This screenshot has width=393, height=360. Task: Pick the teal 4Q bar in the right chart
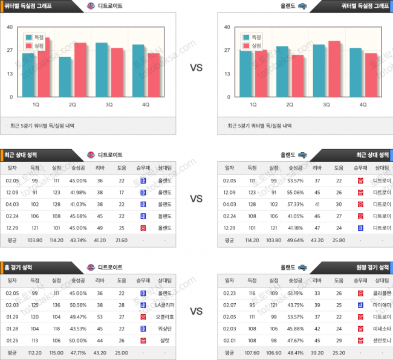pyautogui.click(x=356, y=72)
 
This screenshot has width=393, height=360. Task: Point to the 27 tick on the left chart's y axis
pyautogui.click(x=9, y=50)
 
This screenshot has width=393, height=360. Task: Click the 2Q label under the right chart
pyautogui.click(x=290, y=104)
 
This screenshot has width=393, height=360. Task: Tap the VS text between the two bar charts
pyautogui.click(x=197, y=68)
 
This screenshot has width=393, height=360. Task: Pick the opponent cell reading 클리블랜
pyautogui.click(x=382, y=293)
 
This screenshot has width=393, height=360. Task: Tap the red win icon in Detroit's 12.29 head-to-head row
pyautogui.click(x=143, y=228)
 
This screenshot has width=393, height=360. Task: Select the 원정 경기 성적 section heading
pyautogui.click(x=369, y=267)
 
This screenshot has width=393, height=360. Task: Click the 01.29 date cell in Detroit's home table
pyautogui.click(x=11, y=317)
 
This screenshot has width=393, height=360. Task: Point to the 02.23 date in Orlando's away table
pyautogui.click(x=230, y=293)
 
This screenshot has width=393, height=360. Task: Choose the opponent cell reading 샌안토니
pyautogui.click(x=382, y=340)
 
